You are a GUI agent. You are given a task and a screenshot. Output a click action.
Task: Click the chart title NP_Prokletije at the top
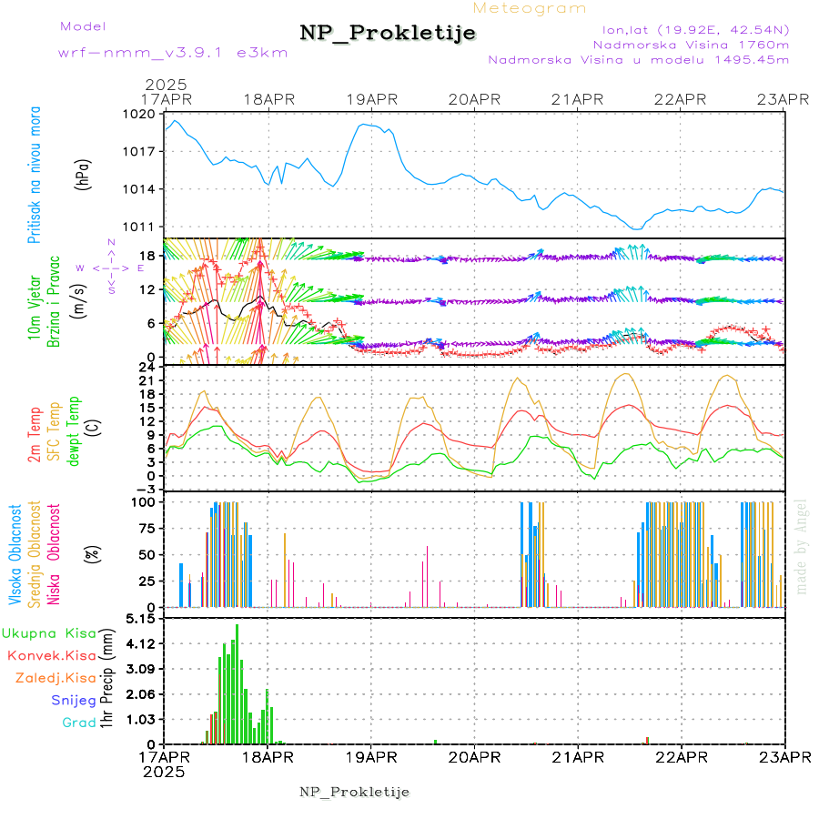tap(388, 34)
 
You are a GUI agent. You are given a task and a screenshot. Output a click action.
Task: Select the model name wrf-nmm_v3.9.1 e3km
tap(172, 53)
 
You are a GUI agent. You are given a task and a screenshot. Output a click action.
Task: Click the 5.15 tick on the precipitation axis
tap(143, 619)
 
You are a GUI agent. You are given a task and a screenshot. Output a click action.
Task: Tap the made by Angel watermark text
tap(802, 546)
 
